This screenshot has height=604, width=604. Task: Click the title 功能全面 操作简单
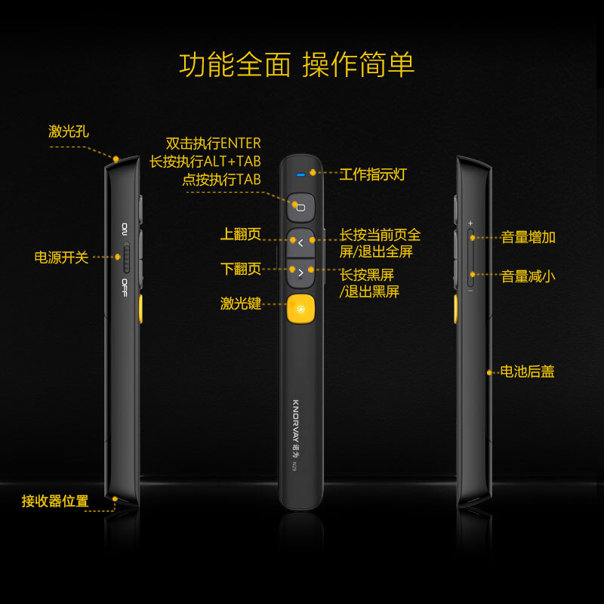[297, 65]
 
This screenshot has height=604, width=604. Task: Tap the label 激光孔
[69, 131]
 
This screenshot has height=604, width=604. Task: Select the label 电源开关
[61, 257]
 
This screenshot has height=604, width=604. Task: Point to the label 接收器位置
[55, 501]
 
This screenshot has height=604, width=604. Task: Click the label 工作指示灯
[373, 174]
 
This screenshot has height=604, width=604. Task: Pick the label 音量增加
[528, 237]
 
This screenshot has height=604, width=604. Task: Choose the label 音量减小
[528, 276]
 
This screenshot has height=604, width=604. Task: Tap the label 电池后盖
[527, 371]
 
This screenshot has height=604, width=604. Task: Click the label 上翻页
[241, 234]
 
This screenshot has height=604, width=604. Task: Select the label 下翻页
[241, 269]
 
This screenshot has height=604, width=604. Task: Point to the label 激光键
[241, 304]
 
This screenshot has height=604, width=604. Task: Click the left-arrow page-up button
[300, 242]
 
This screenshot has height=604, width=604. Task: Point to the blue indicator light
[300, 174]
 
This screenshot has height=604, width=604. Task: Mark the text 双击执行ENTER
[213, 143]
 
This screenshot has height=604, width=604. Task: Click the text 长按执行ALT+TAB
[205, 162]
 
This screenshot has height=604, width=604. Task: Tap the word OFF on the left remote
[125, 287]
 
